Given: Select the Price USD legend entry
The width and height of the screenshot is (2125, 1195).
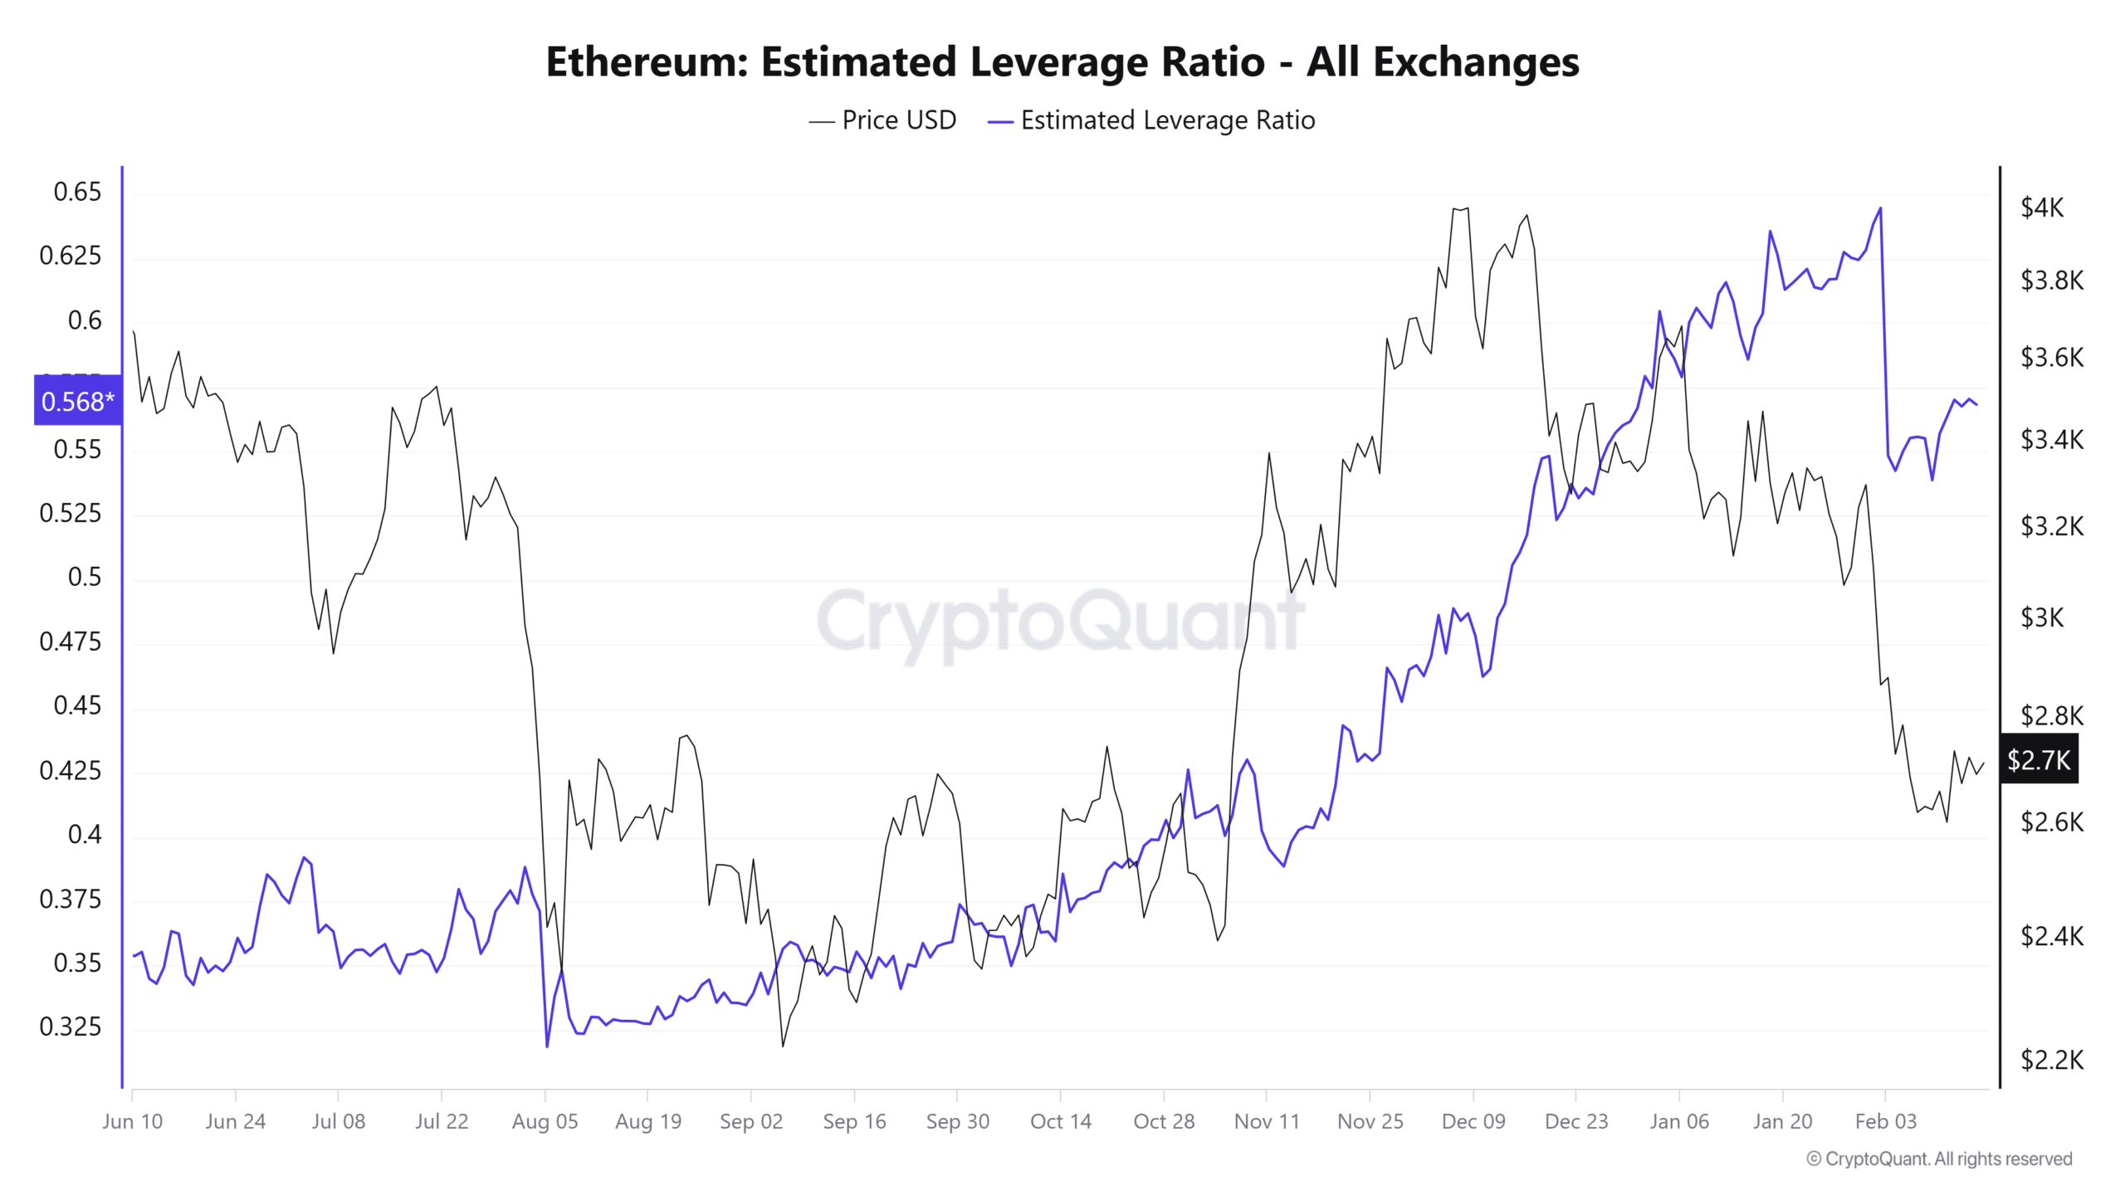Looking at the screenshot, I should [882, 120].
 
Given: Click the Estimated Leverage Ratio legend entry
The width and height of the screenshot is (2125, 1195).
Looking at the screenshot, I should [1151, 120].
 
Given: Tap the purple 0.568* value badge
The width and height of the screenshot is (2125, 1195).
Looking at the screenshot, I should [77, 402].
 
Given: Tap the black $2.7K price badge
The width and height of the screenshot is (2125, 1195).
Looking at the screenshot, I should [2038, 759].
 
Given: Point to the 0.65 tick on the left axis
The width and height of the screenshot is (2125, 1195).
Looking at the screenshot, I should [77, 192].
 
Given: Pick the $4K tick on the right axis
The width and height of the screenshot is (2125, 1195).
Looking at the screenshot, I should [2041, 207].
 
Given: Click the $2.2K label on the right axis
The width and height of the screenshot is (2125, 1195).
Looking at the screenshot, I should [2051, 1060].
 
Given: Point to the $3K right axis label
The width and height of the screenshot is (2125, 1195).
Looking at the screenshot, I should [2041, 617].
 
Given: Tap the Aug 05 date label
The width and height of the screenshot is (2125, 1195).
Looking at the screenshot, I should [545, 1122].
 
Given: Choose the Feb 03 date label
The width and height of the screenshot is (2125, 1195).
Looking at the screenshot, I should [1885, 1122].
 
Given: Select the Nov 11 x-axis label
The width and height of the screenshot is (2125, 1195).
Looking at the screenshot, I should [1266, 1122].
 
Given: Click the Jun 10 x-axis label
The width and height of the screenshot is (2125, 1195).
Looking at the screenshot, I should [133, 1122].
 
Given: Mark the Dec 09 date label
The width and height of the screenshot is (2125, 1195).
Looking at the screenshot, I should [1473, 1122].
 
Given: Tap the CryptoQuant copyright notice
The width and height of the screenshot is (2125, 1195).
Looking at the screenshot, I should [1939, 1159].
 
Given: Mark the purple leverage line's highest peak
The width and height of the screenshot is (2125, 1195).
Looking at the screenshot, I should [1880, 208].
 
